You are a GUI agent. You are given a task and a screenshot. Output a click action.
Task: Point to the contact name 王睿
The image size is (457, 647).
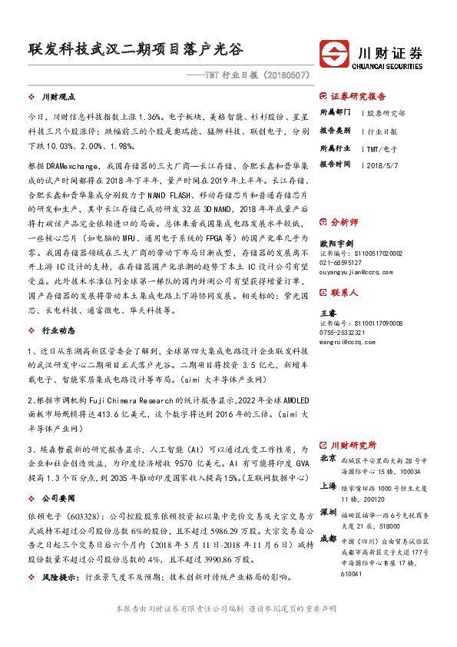click(328, 314)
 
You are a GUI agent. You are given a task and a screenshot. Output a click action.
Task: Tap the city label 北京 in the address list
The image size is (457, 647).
click(328, 458)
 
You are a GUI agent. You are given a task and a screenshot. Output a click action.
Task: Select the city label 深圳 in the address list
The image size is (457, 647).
click(328, 511)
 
